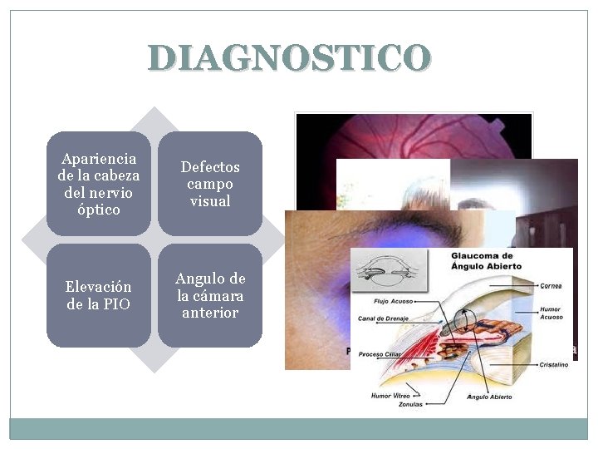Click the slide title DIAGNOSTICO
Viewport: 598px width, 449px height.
(x=290, y=58)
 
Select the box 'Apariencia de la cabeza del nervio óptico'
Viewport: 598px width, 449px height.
(x=99, y=184)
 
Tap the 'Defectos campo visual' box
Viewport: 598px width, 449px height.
(x=210, y=184)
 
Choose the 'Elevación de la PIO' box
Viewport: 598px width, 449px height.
(x=99, y=295)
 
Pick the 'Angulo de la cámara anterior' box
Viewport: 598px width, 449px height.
(x=210, y=295)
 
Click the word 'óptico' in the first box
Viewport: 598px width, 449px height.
(x=99, y=210)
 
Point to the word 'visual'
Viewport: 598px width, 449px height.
(x=210, y=201)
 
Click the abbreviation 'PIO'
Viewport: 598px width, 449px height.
(x=116, y=304)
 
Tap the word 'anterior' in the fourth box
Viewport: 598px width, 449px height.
(x=210, y=313)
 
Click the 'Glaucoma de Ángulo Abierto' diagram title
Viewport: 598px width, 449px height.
(x=484, y=260)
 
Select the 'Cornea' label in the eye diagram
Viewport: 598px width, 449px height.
(x=549, y=286)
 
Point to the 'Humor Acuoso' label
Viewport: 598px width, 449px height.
(x=550, y=312)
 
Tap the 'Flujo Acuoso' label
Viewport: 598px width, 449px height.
(x=395, y=302)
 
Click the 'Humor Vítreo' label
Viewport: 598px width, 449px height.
(x=392, y=396)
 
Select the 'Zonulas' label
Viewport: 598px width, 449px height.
(x=409, y=404)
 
